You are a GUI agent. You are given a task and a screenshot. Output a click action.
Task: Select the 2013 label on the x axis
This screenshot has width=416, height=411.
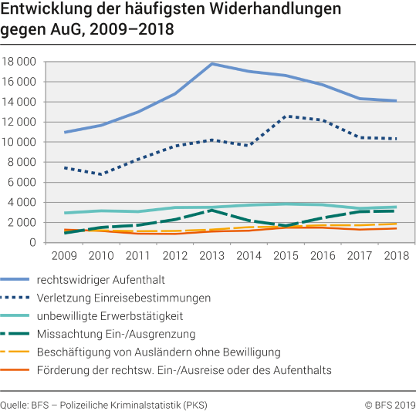tap(211, 255)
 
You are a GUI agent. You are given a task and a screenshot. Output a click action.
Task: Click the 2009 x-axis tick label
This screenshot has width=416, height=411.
tap(64, 255)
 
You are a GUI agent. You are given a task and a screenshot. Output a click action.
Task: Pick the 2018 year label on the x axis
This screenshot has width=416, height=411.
tap(396, 255)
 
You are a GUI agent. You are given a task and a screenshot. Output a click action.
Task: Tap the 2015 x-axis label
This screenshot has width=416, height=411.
tap(286, 255)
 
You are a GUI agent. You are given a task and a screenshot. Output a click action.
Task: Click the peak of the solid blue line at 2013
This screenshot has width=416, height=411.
tap(211, 63)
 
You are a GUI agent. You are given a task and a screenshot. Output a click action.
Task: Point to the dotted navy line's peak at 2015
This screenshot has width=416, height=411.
tap(286, 116)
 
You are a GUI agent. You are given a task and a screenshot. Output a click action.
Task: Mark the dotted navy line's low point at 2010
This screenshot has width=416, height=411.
tap(101, 174)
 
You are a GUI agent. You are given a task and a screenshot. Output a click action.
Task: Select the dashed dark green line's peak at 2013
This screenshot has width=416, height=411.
tap(211, 210)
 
